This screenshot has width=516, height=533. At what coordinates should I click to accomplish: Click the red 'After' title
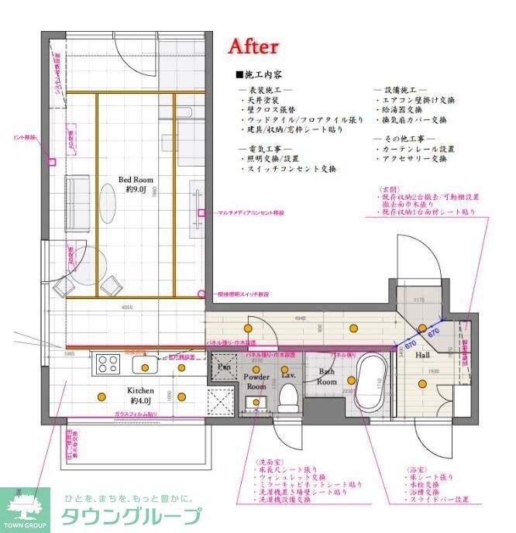(253, 46)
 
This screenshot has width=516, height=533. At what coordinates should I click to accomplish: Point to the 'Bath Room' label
(327, 377)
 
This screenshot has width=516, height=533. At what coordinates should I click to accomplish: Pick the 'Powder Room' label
(256, 382)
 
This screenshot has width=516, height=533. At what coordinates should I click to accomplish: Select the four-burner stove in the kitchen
(108, 363)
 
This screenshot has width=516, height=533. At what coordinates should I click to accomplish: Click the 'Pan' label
(224, 366)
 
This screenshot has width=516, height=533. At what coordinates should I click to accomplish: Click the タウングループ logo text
(129, 516)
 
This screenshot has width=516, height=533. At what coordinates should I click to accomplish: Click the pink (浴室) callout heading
(417, 469)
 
